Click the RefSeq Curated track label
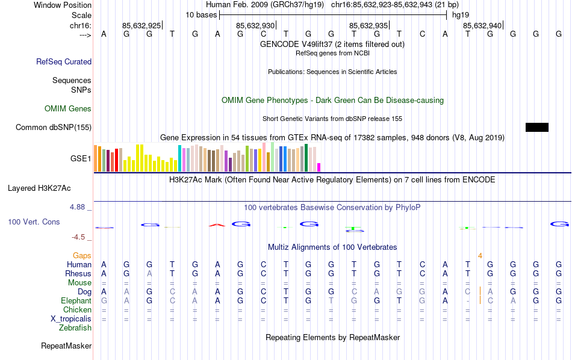click(64, 61)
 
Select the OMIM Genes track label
click(68, 109)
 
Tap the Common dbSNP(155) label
click(54, 127)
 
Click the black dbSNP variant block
click(537, 127)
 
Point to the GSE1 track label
click(81, 159)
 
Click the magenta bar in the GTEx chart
click(319, 167)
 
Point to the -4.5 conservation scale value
click(79, 237)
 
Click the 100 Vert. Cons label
click(34, 222)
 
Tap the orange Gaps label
click(82, 256)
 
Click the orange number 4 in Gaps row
click(480, 256)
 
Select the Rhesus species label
click(78, 273)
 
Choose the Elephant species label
click(76, 300)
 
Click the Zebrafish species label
click(75, 328)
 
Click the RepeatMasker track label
click(66, 346)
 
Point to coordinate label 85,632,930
click(255, 25)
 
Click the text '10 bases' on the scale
click(201, 14)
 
